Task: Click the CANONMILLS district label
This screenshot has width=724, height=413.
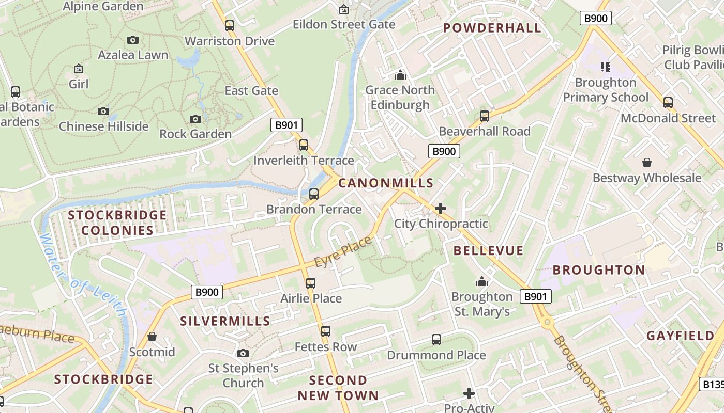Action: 386,183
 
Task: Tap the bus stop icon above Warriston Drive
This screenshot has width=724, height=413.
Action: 230,25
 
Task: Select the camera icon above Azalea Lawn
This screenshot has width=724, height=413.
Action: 133,40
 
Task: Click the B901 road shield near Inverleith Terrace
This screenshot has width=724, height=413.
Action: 286,124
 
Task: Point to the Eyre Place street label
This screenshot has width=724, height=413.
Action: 343,252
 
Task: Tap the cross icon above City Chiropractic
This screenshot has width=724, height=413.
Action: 441,209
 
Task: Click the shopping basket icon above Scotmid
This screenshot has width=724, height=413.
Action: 152,337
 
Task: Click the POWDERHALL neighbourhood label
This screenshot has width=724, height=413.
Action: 492,28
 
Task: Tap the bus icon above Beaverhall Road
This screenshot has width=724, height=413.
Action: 485,116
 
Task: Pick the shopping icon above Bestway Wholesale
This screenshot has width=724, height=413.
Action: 646,163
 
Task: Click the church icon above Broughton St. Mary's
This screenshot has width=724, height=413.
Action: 482,281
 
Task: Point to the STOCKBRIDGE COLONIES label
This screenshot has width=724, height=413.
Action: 117,223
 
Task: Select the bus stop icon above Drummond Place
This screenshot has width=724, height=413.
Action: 436,339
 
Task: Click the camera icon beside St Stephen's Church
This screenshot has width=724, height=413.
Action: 243,353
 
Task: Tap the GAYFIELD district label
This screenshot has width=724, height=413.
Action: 680,336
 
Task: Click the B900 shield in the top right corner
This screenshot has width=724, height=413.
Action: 595,19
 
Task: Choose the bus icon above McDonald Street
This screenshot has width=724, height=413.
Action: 668,102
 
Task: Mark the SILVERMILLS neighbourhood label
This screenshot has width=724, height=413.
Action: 225,321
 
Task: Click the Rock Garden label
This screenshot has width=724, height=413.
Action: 195,134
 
